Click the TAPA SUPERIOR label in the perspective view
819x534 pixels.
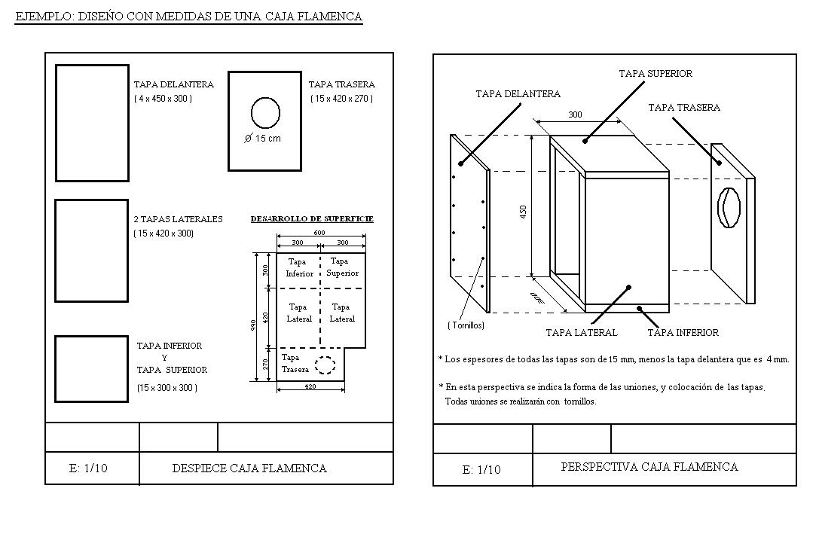[655, 74]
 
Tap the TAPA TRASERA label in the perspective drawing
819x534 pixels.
[683, 108]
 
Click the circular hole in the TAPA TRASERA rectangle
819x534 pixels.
[265, 113]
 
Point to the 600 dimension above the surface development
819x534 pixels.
[319, 233]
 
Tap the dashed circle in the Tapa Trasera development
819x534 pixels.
[325, 365]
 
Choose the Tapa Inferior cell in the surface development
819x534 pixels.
[298, 268]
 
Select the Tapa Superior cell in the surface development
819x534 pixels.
[342, 267]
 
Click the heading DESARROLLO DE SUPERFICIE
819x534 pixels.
[311, 219]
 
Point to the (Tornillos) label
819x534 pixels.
[466, 325]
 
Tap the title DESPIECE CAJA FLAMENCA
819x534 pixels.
[249, 468]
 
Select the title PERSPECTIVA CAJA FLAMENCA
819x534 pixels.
[649, 467]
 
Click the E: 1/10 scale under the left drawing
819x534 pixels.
[88, 468]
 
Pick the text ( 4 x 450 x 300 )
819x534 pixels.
[163, 99]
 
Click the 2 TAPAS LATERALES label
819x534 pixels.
[178, 219]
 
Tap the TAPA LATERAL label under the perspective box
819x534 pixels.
[581, 332]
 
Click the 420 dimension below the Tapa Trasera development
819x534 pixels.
[310, 386]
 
